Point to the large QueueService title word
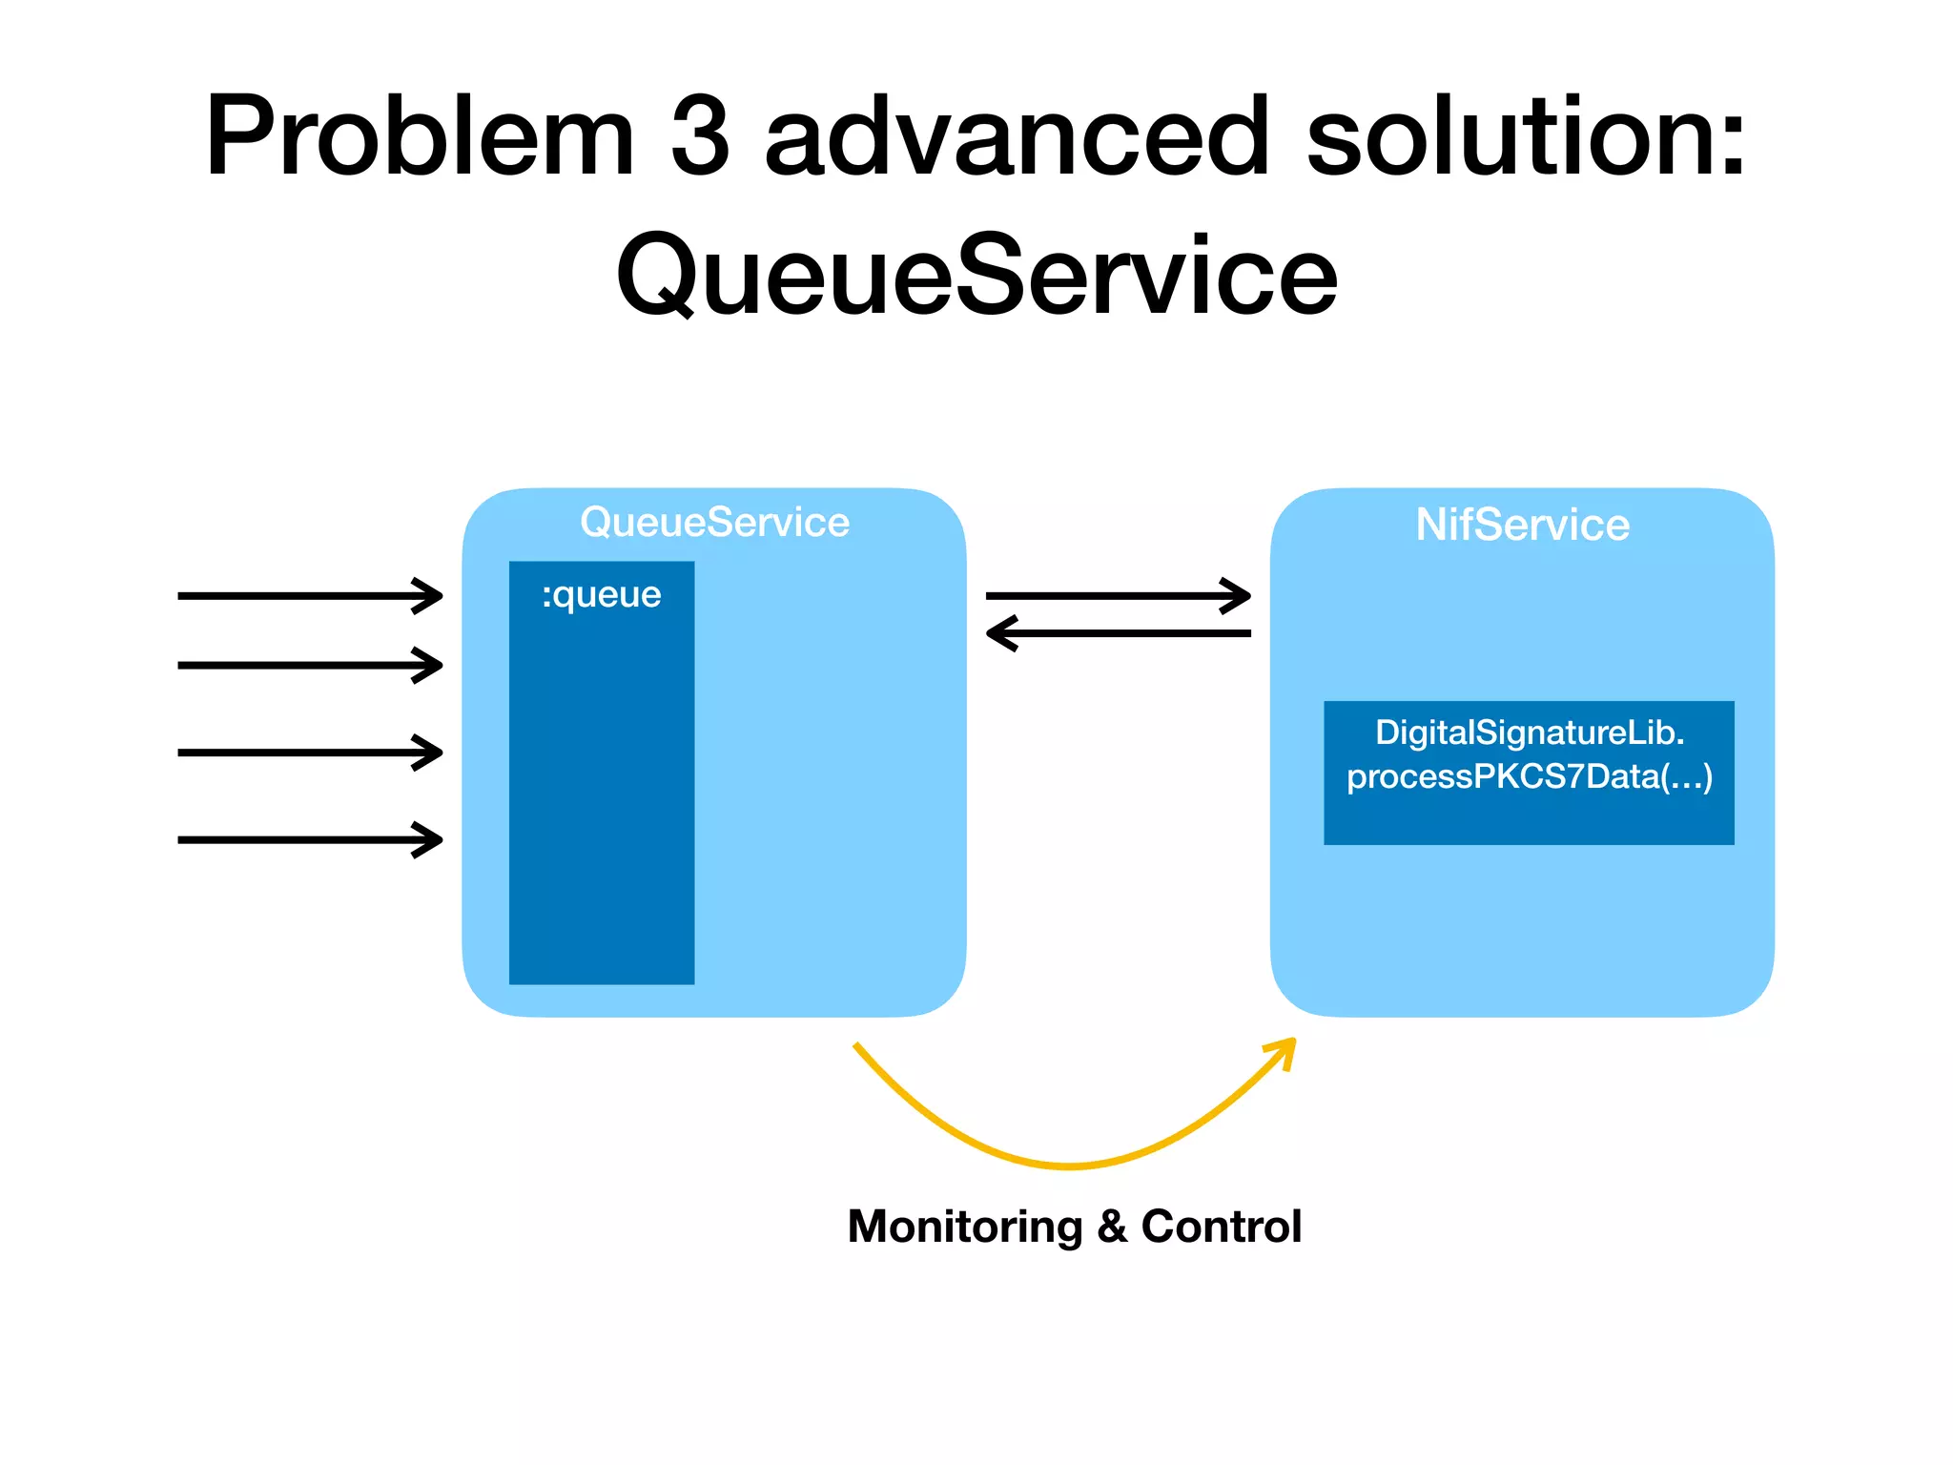point(976,277)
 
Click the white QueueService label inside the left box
point(714,523)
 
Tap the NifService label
point(1522,525)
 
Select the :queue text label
point(601,595)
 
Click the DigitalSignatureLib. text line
point(1529,732)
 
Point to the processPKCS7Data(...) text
point(1529,776)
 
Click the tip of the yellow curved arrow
point(1292,1042)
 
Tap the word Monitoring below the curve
point(964,1227)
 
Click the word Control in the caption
point(1221,1227)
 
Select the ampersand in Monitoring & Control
point(1111,1227)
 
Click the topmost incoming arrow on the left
point(310,596)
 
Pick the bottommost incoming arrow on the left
point(310,840)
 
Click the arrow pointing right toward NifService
point(1118,596)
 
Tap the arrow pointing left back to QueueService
point(1118,633)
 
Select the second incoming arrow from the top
point(310,665)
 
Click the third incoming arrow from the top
point(310,753)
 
